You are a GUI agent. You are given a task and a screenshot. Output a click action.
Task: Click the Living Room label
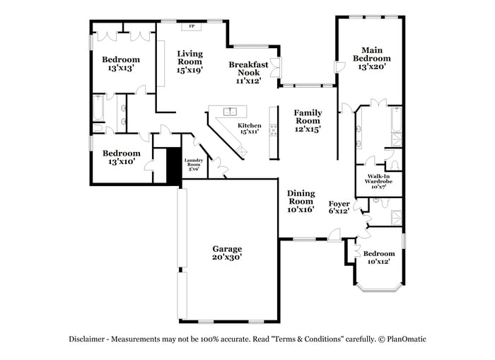(x=190, y=62)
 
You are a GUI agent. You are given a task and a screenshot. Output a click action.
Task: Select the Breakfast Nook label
(x=248, y=72)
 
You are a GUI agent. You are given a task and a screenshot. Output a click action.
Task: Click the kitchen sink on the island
(x=230, y=111)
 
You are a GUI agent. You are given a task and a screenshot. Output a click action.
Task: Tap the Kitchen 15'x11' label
(x=248, y=128)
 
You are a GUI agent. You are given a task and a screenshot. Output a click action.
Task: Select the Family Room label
(x=308, y=120)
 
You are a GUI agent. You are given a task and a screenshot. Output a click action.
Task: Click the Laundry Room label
(x=194, y=165)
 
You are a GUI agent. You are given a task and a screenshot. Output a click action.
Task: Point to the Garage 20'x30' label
(x=227, y=253)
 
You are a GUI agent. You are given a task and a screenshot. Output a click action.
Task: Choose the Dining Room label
(x=300, y=202)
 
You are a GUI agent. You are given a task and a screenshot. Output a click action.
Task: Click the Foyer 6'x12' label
(x=339, y=207)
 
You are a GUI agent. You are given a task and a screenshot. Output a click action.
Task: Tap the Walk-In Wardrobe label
(x=378, y=182)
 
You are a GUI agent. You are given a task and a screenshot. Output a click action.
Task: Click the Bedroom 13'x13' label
(x=120, y=64)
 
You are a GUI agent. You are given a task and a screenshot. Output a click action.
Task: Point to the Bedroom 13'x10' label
(x=121, y=157)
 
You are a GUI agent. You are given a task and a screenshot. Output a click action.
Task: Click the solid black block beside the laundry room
(x=174, y=166)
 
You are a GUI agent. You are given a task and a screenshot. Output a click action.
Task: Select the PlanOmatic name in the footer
(x=407, y=339)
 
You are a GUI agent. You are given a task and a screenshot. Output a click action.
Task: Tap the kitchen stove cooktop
(x=272, y=130)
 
